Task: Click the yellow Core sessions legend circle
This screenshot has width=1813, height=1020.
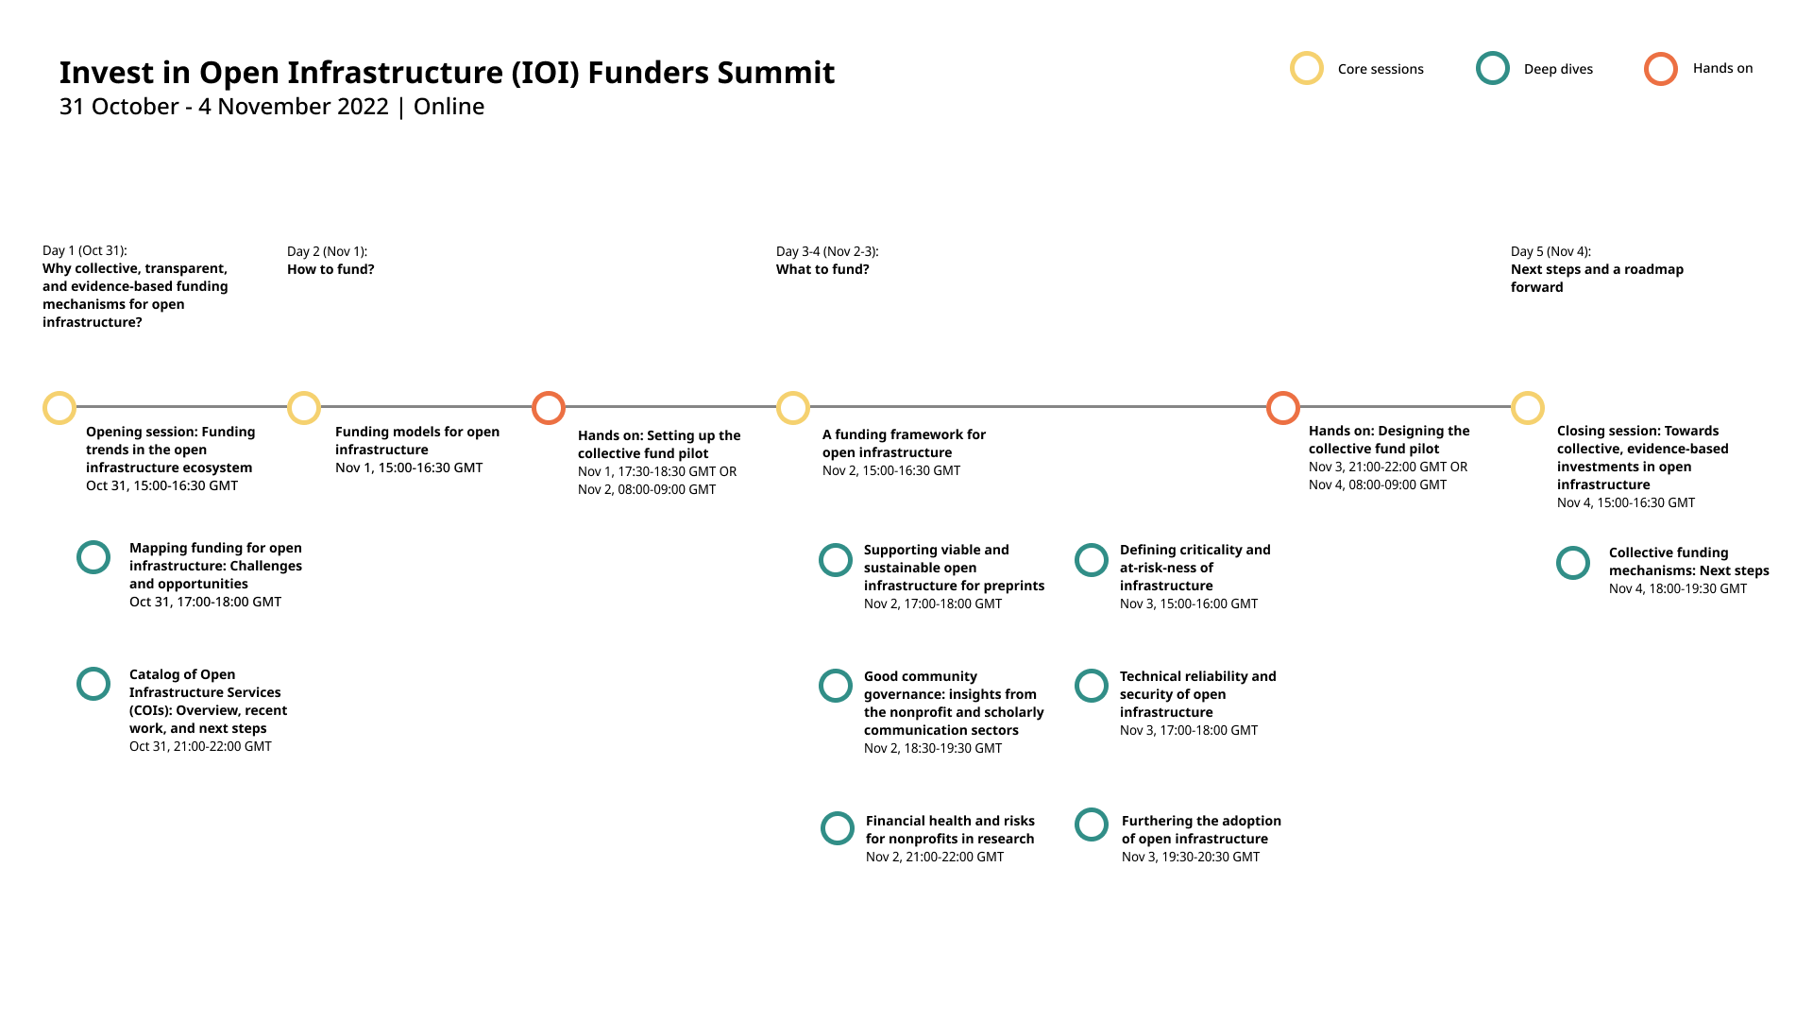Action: coord(1307,69)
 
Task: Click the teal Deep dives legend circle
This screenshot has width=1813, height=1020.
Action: coord(1493,69)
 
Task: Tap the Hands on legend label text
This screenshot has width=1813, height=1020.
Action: coord(1722,68)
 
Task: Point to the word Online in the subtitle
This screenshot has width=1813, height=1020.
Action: coord(449,107)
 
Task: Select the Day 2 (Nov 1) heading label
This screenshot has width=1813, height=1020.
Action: coord(327,251)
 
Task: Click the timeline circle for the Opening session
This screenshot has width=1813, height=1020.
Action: coord(59,408)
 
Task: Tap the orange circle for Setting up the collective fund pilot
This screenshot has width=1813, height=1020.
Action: coord(549,408)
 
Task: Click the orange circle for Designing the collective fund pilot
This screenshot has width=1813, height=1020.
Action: coord(1283,408)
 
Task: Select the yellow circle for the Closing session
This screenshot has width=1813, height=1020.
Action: coord(1528,408)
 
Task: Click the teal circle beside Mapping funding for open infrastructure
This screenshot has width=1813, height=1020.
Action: coord(93,557)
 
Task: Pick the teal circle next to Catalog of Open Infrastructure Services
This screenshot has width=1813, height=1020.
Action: coord(93,684)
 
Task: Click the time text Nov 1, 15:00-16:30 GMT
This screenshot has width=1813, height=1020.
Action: coord(409,468)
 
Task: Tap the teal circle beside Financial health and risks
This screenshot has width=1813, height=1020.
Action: coord(838,828)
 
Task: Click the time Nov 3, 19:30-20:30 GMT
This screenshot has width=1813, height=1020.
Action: coord(1191,858)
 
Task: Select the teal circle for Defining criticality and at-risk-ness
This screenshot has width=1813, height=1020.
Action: coord(1092,560)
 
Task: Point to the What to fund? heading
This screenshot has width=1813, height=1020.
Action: coord(822,270)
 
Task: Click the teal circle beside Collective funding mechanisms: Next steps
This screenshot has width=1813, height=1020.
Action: coord(1573,563)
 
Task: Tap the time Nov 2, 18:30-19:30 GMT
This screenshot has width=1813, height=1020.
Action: coord(933,749)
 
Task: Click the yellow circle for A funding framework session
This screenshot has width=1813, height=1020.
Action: coord(793,408)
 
